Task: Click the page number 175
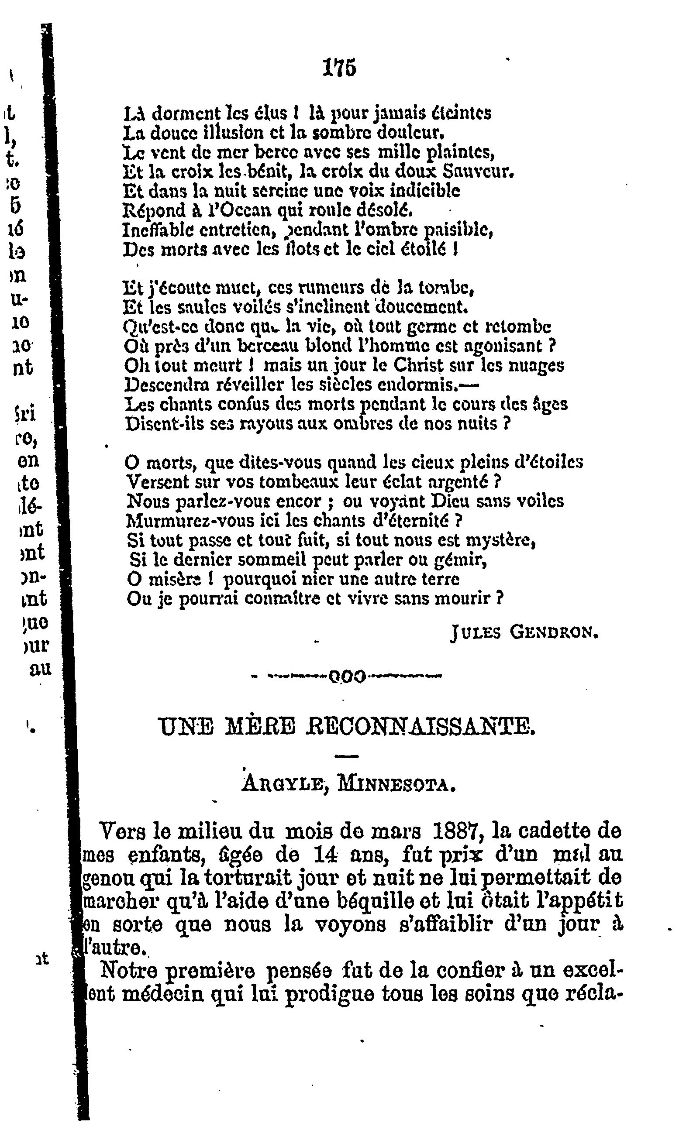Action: [339, 68]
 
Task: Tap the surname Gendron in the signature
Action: [553, 632]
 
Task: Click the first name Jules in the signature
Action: [476, 632]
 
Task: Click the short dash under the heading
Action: [347, 756]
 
